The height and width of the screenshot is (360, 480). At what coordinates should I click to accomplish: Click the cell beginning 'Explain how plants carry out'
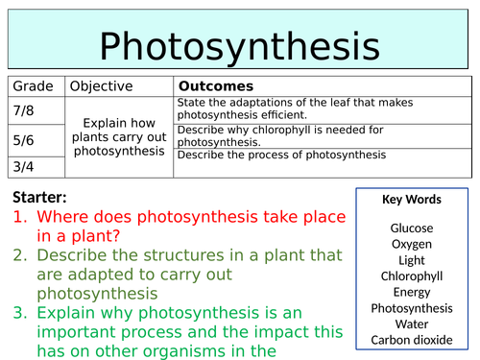121,137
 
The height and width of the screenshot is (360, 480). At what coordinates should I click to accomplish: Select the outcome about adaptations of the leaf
288,108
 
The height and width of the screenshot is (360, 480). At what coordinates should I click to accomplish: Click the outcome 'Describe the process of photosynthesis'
281,155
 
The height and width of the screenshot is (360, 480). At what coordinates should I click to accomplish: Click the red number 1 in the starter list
19,218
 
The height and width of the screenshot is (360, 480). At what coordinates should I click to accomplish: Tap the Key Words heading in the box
411,200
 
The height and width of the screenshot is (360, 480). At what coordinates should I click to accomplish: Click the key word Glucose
411,228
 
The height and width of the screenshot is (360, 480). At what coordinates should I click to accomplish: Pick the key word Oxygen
411,244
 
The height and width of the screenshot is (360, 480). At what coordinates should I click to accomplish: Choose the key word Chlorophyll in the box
411,276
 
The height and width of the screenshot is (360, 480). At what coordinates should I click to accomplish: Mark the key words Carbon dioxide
411,339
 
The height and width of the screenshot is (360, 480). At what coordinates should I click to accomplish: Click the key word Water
411,324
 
